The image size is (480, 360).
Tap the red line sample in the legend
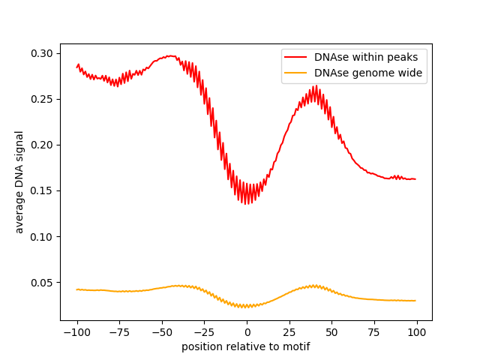tap(297, 56)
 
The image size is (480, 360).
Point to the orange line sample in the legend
tap(297, 73)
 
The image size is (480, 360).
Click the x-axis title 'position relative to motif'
tap(246, 346)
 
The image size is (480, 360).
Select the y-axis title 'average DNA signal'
tap(19, 181)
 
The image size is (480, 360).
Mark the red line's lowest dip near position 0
tap(247, 204)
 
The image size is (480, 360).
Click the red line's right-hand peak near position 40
tap(316, 85)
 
